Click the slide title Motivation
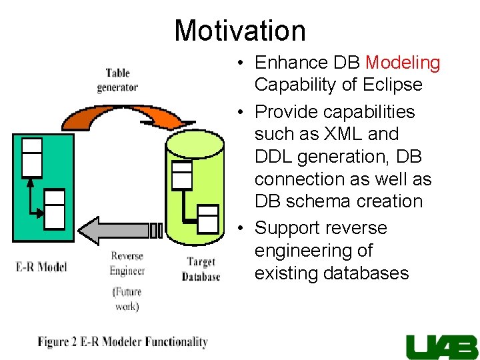(240, 31)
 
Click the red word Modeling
(403, 63)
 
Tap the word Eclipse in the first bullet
(393, 85)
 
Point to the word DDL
(274, 157)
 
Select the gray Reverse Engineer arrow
(120, 230)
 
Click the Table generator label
(117, 80)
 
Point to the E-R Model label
(41, 267)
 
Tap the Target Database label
(201, 269)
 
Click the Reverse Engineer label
(127, 263)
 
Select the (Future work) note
(127, 299)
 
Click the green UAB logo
(441, 346)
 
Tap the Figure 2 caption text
(123, 342)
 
